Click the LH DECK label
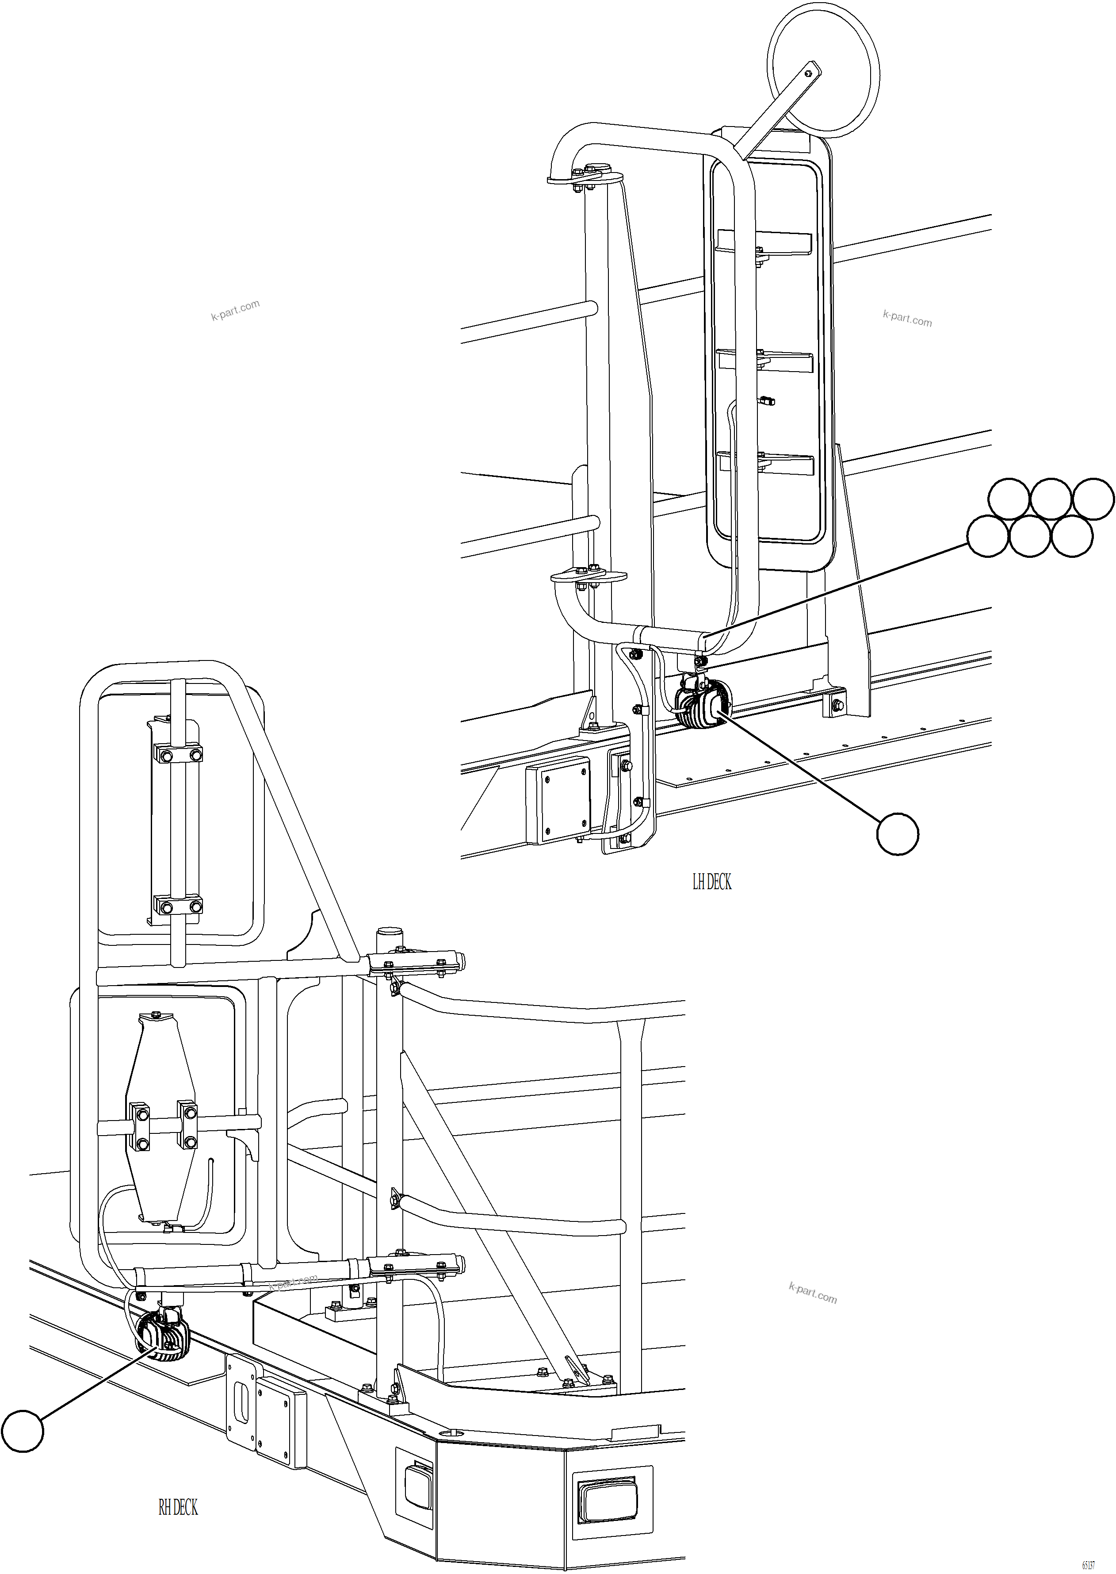tap(711, 882)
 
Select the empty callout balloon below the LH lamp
tap(898, 834)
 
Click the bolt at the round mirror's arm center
tap(809, 72)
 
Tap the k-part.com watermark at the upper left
tap(235, 310)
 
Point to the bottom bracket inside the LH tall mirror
tap(765, 465)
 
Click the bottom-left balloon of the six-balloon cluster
tap(987, 536)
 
